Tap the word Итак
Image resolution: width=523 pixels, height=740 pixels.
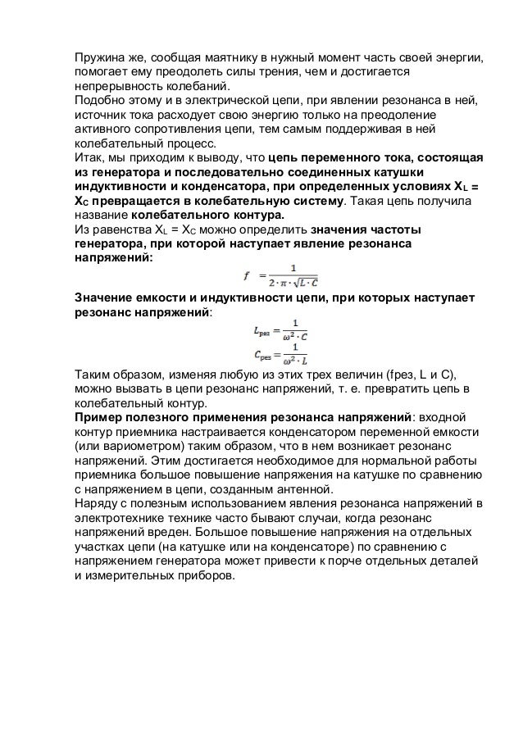tap(89, 158)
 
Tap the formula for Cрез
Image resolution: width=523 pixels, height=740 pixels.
tap(278, 357)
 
